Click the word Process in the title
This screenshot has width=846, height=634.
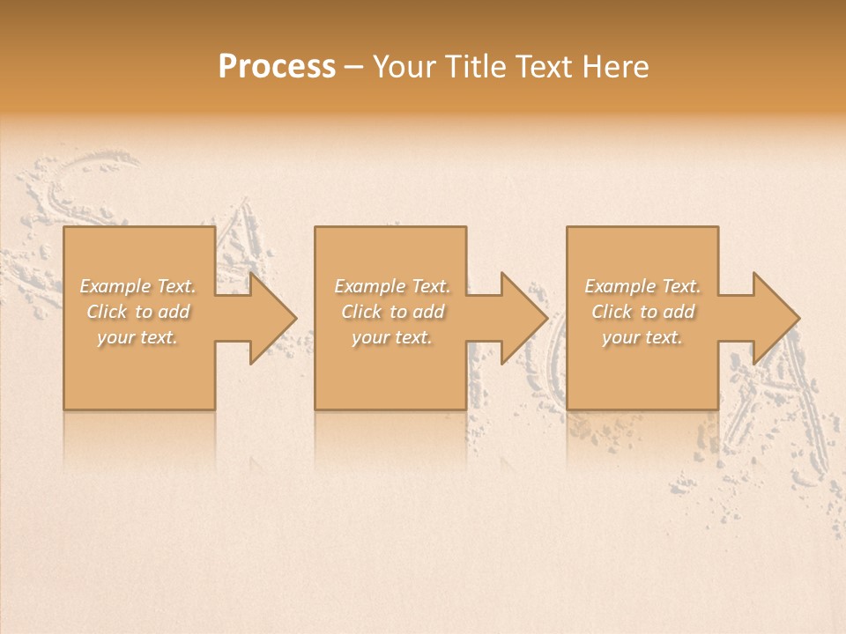pos(277,67)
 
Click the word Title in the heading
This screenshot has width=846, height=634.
pos(472,67)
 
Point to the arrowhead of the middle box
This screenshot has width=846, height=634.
pos(522,318)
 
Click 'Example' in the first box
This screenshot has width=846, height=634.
pos(114,286)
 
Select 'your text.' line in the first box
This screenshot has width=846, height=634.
pos(137,337)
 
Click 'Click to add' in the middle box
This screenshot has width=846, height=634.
pos(392,312)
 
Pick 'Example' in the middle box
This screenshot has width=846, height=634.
pos(368,286)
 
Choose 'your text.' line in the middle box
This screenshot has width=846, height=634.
pos(391,337)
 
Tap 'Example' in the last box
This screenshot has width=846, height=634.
pos(619,286)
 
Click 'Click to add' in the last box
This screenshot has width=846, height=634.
pos(643,312)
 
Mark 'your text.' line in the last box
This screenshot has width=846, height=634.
pos(642,337)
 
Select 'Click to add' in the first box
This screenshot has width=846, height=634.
pos(138,312)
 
